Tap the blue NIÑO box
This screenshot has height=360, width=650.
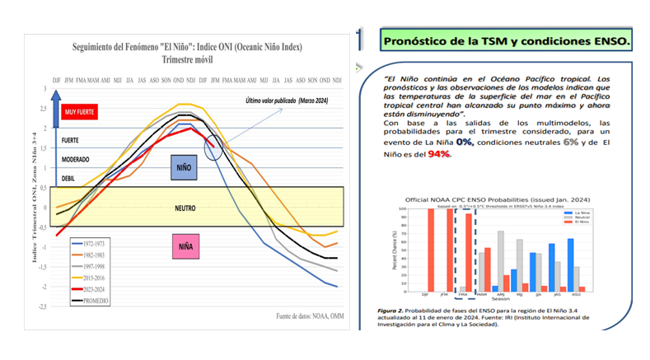click(x=186, y=166)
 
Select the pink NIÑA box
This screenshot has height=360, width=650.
click(x=185, y=245)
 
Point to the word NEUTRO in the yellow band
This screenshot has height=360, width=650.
click(x=184, y=208)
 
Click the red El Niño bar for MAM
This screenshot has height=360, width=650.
click(x=488, y=269)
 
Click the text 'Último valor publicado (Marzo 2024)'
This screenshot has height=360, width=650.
click(x=284, y=101)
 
